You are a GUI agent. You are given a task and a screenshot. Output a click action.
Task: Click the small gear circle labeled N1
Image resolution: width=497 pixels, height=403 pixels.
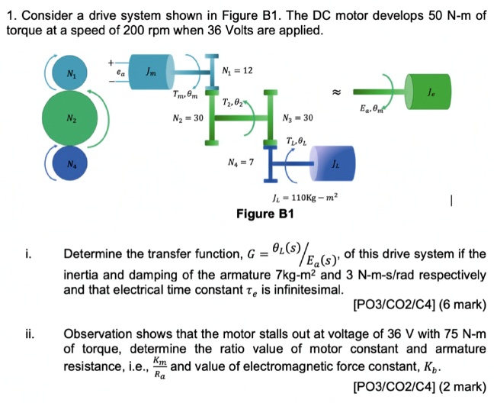tap(70, 74)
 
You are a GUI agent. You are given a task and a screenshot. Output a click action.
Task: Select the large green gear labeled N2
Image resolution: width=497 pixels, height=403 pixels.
tap(70, 119)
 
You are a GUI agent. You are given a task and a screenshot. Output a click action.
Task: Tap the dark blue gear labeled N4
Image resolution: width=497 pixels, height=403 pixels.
tap(70, 164)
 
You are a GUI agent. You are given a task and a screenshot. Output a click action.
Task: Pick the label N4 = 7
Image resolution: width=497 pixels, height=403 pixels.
tap(241, 162)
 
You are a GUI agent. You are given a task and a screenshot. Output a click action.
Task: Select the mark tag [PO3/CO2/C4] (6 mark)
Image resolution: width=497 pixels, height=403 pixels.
tap(420, 305)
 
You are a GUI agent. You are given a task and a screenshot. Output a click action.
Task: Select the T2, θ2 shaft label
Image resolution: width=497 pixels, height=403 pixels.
tap(232, 102)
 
